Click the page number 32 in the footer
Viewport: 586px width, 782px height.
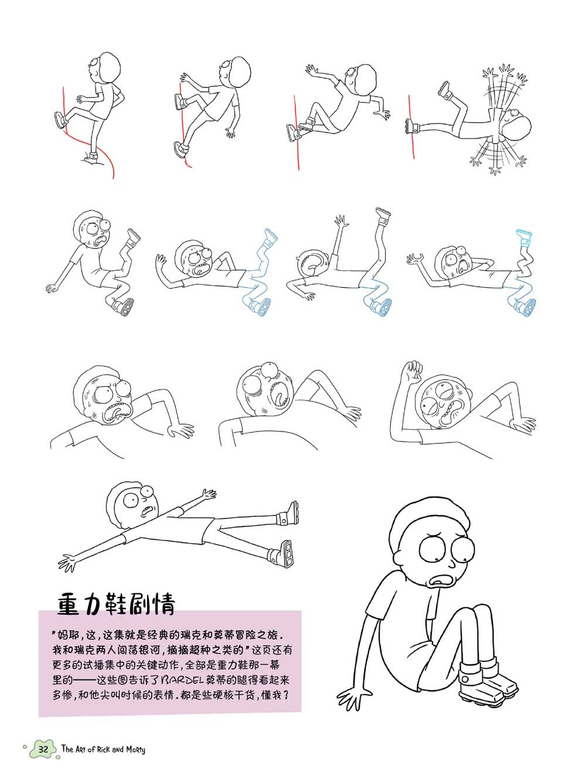coord(43,749)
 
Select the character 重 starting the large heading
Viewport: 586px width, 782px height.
coord(69,604)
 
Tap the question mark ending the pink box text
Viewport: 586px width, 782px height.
coord(285,695)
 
